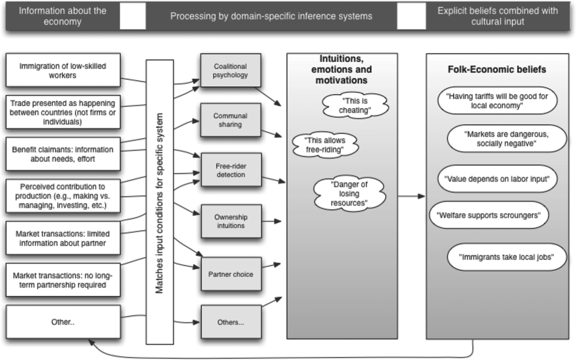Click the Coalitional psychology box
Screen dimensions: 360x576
[230, 70]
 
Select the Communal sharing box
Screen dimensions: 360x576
[230, 120]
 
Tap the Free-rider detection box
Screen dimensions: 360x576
[231, 170]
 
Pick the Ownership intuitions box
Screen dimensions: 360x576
[231, 221]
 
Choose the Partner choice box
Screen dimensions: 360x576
[231, 274]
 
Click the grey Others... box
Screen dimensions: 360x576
[231, 322]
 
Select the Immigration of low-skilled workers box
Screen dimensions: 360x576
[63, 70]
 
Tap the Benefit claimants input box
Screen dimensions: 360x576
[63, 154]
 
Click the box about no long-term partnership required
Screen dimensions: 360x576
[63, 280]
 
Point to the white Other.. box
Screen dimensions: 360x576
[63, 322]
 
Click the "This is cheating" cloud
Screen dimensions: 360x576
[355, 105]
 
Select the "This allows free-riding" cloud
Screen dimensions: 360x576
[325, 145]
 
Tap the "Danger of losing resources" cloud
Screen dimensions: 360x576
[349, 193]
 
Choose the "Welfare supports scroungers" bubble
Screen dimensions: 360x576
[489, 215]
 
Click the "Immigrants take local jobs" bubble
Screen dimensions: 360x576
[506, 257]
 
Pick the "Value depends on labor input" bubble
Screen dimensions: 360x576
[497, 179]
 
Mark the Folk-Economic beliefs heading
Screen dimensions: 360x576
[497, 69]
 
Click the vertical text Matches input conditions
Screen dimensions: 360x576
[160, 202]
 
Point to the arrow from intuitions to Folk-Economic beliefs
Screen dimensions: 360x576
[411, 196]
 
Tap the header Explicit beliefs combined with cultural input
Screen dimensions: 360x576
[497, 16]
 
